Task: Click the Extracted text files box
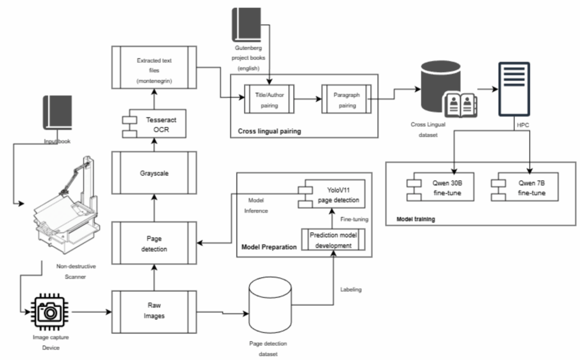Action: (x=153, y=71)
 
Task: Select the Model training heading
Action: (x=412, y=219)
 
